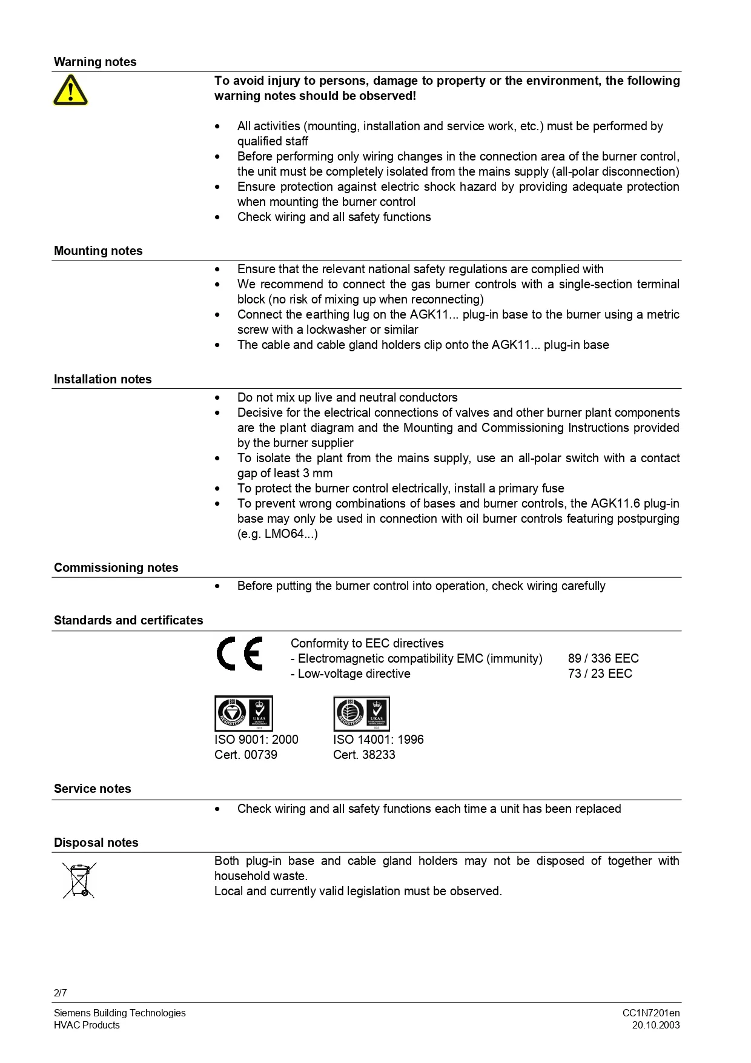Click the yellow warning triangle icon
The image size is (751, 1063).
click(70, 90)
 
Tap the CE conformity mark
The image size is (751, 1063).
click(240, 654)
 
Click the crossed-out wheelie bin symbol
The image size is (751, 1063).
click(79, 880)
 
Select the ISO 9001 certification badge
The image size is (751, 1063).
click(243, 713)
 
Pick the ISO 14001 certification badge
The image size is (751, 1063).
click(362, 713)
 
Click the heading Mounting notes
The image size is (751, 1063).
click(98, 251)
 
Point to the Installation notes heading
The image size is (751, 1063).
click(103, 379)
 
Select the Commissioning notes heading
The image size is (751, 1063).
click(116, 568)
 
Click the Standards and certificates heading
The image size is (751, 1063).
click(128, 620)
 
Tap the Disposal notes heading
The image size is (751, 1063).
click(96, 843)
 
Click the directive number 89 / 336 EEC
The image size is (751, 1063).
click(603, 658)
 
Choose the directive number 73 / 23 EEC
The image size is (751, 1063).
click(600, 674)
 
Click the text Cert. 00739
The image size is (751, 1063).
click(246, 755)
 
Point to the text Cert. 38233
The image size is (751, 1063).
click(364, 755)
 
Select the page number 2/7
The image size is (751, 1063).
click(61, 993)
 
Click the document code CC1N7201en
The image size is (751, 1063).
click(651, 1013)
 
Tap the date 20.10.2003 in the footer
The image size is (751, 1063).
click(656, 1025)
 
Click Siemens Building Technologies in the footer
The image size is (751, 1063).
click(120, 1013)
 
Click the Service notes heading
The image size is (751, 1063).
click(93, 789)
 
